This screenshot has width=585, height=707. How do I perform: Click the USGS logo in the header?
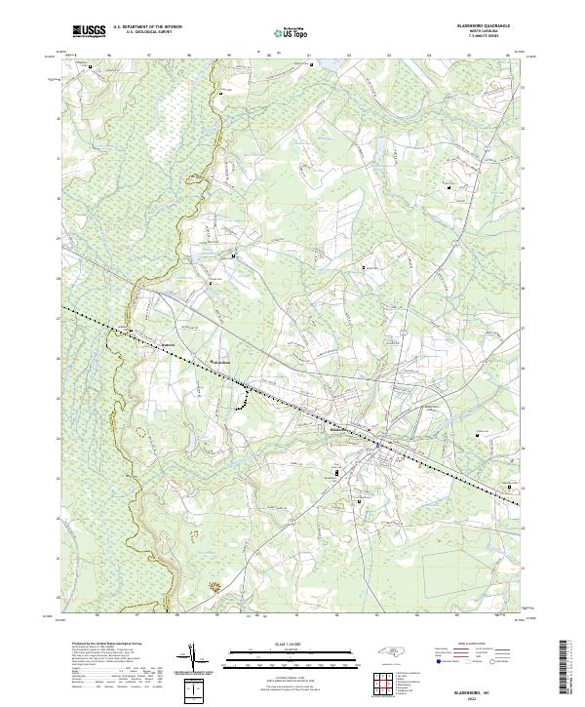89,31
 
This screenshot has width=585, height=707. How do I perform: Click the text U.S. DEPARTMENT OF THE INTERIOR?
147,27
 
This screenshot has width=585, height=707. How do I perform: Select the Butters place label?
169,343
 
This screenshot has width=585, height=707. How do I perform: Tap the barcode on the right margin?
565,668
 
